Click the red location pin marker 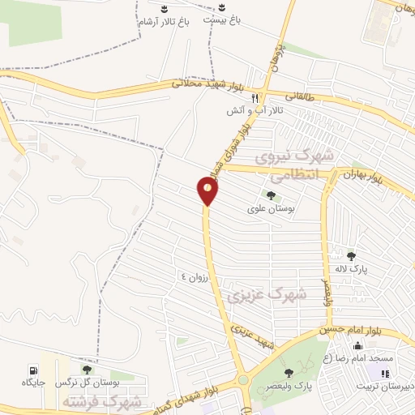click(x=208, y=190)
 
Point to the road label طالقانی click(x=297, y=96)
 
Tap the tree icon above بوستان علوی click(x=269, y=195)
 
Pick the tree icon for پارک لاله click(x=351, y=256)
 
